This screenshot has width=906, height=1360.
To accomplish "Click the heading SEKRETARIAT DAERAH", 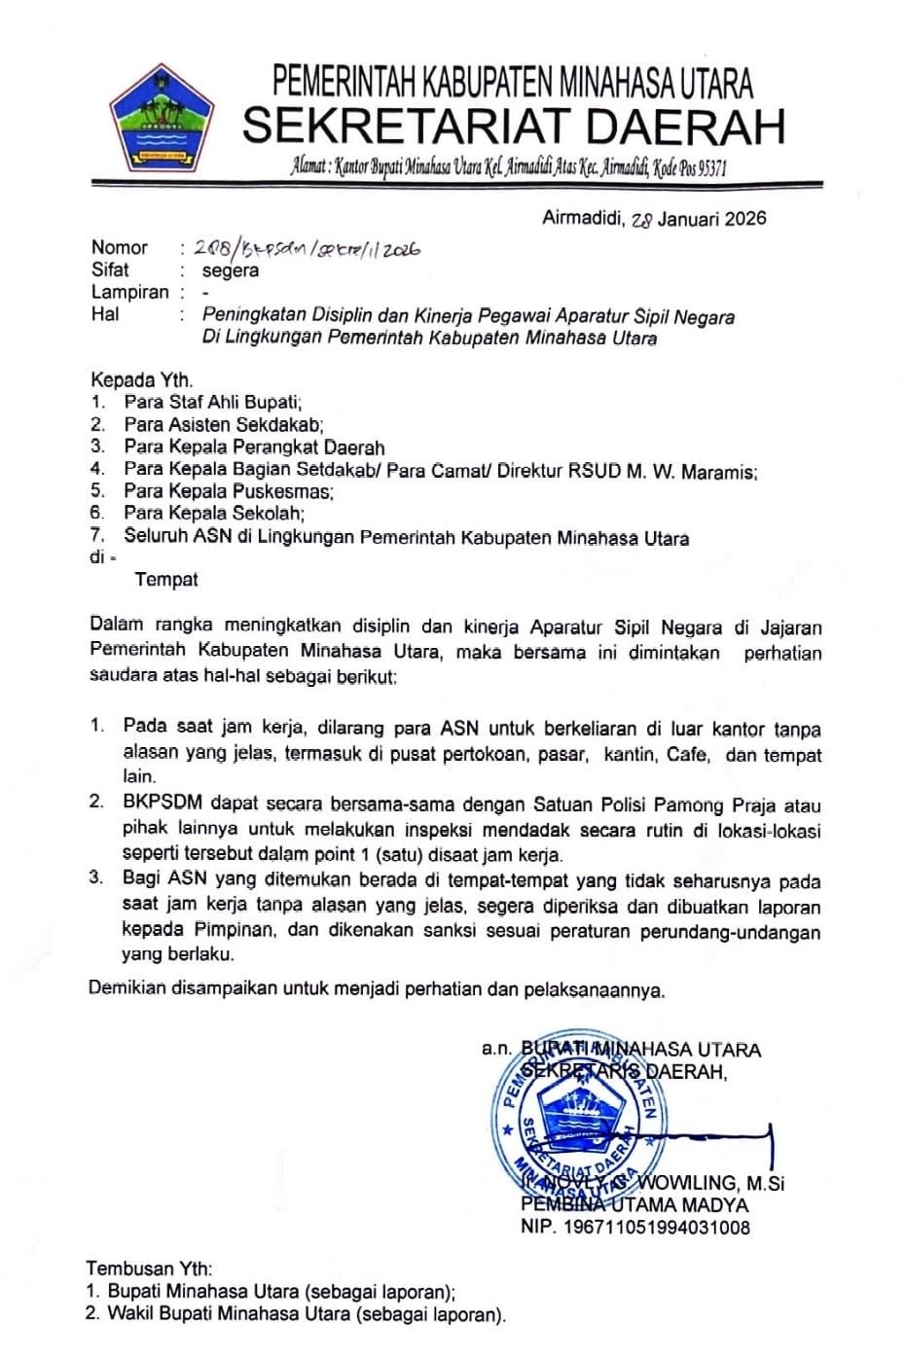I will click(x=513, y=126).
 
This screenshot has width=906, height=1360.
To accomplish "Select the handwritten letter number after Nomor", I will click(x=308, y=249).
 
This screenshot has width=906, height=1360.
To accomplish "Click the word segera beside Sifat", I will click(x=231, y=270).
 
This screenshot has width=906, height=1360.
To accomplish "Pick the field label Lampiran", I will click(x=130, y=292).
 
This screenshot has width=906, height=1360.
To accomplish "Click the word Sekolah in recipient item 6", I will click(x=269, y=514).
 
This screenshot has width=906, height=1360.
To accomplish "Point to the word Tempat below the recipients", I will click(x=166, y=580).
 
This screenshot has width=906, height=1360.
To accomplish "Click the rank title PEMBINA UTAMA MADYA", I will click(x=634, y=1205).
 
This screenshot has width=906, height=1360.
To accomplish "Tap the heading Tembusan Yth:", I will click(x=149, y=1269).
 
